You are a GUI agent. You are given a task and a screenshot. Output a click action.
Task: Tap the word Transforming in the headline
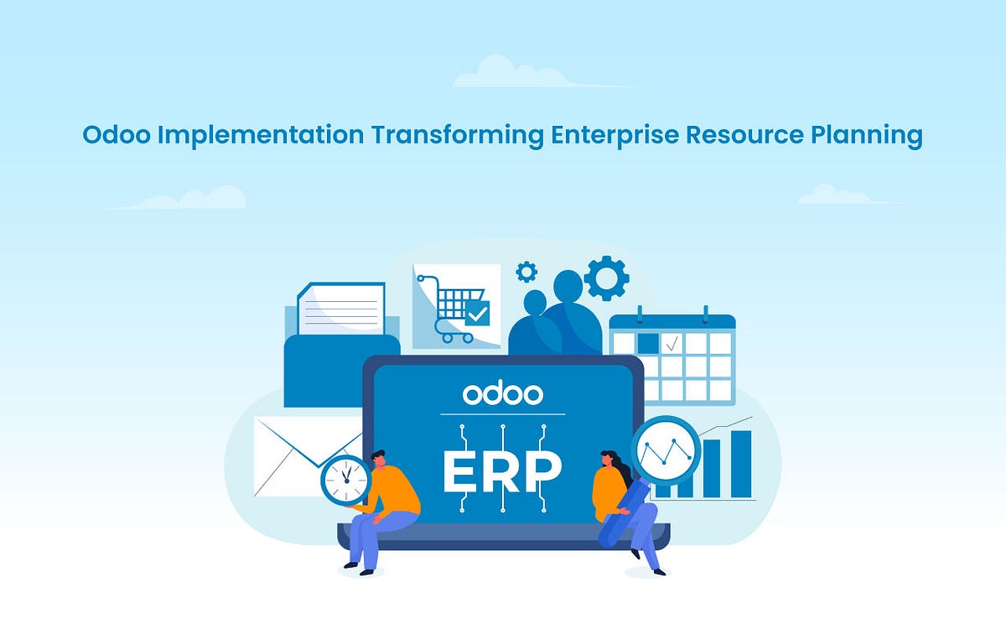(457, 134)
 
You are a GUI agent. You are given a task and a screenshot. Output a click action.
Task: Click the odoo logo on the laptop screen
(502, 393)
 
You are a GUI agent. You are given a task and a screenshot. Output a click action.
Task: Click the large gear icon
(606, 278)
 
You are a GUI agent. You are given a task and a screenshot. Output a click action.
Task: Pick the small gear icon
(526, 271)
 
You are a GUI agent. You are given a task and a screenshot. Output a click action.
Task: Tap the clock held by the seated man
(345, 481)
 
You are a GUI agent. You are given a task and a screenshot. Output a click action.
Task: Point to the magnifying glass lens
(666, 450)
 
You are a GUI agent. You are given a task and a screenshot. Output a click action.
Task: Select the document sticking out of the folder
(342, 309)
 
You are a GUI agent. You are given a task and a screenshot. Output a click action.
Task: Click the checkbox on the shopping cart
(477, 314)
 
